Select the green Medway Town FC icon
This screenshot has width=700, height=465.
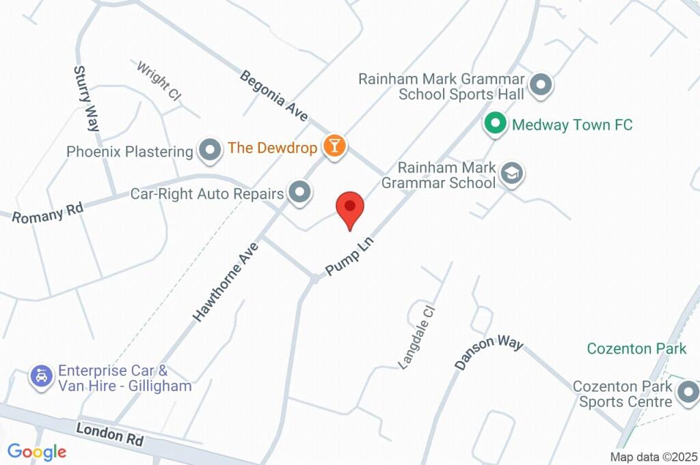coord(494,124)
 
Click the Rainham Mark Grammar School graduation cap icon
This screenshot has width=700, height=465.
coord(511,173)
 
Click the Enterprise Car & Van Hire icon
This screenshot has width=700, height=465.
coord(42,375)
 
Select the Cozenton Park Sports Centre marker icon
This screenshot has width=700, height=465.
coord(687,393)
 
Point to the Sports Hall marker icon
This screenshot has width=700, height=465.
coord(541,85)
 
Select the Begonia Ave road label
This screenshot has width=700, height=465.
coord(273,96)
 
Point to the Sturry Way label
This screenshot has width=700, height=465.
coord(87,98)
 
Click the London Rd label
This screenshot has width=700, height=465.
coord(109,434)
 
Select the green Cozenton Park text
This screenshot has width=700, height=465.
coord(636,349)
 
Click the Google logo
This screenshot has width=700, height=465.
coord(36,451)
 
